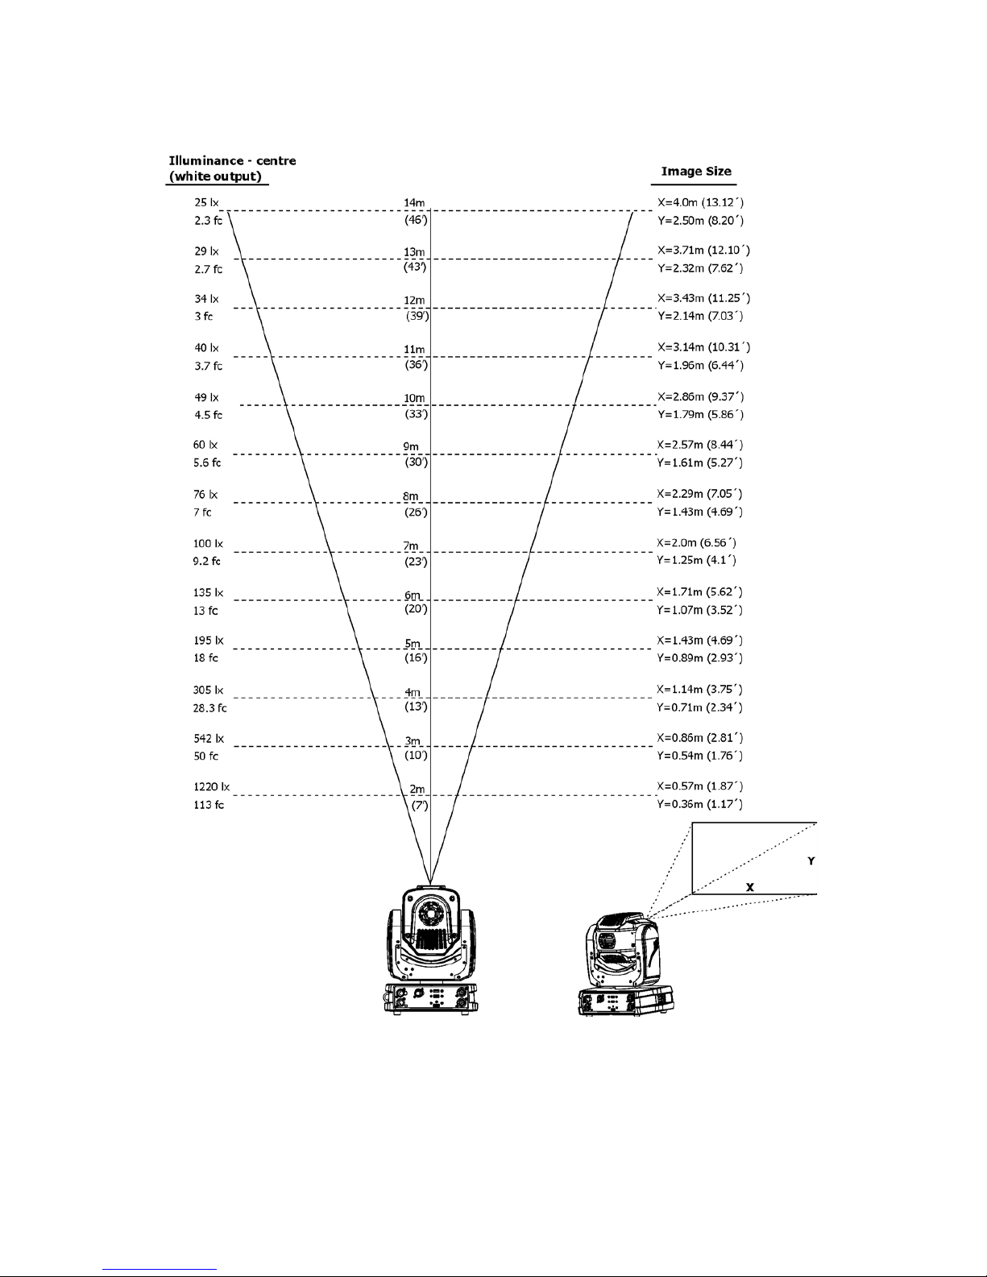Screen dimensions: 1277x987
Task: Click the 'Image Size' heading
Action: pyautogui.click(x=696, y=171)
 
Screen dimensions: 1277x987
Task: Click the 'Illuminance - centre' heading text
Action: pyautogui.click(x=232, y=160)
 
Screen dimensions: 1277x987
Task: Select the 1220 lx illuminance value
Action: pyautogui.click(x=211, y=786)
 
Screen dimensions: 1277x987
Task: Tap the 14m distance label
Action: pyautogui.click(x=414, y=202)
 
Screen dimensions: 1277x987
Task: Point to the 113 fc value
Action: pyautogui.click(x=208, y=805)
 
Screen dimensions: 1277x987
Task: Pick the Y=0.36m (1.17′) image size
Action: pyautogui.click(x=700, y=804)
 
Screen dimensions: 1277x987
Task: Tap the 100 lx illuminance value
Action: pyautogui.click(x=207, y=544)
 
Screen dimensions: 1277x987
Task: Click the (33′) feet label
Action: pyautogui.click(x=416, y=414)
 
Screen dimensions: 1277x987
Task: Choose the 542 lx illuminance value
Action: pyautogui.click(x=209, y=738)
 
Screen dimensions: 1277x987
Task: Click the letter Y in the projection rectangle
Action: pyautogui.click(x=811, y=861)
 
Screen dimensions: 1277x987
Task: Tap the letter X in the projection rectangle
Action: pyautogui.click(x=749, y=886)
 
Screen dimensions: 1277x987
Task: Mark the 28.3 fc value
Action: pyautogui.click(x=210, y=708)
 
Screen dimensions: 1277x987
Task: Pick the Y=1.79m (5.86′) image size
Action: pyautogui.click(x=700, y=415)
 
